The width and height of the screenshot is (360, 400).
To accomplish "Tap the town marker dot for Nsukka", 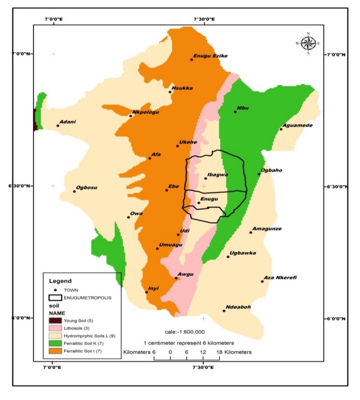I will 170,92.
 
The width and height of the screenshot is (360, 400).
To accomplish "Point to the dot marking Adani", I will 58,126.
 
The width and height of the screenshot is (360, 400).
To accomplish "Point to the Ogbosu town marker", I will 74,191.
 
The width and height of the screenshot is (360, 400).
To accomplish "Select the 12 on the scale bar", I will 203,352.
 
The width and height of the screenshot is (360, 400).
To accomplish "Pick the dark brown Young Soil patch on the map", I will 35,120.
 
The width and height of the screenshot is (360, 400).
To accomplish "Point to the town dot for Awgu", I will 176,278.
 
